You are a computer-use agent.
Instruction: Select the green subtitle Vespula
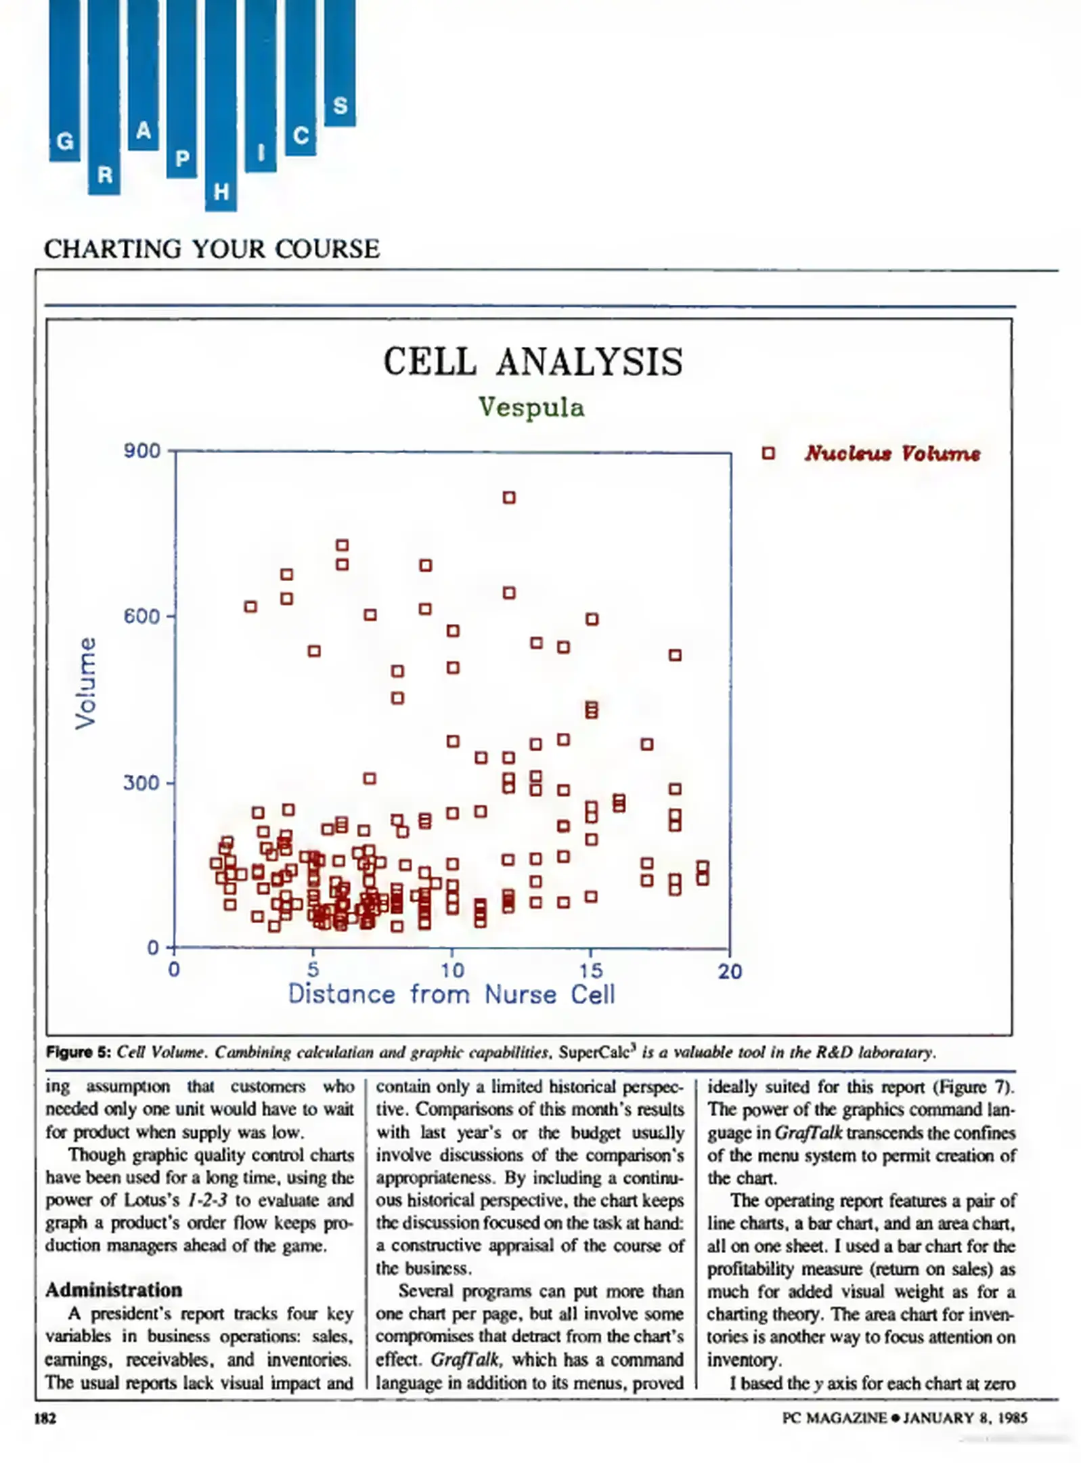click(x=531, y=408)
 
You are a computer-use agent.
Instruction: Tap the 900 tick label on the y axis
click(x=142, y=451)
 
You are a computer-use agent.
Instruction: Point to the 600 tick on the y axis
click(x=142, y=616)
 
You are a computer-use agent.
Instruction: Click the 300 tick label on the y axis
click(x=142, y=783)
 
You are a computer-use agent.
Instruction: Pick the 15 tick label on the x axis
click(x=591, y=971)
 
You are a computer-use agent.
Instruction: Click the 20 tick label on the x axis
click(x=730, y=972)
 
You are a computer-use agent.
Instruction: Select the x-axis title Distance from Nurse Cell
click(x=451, y=995)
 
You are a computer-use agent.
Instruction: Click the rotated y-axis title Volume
click(x=86, y=683)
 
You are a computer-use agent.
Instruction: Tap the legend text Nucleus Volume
click(x=892, y=453)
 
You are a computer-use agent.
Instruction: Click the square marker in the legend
click(x=768, y=453)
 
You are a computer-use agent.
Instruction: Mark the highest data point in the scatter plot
click(x=509, y=498)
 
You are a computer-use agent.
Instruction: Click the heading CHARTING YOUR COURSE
click(x=212, y=249)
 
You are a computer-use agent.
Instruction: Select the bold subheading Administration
click(x=114, y=1290)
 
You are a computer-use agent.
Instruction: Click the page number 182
click(x=45, y=1418)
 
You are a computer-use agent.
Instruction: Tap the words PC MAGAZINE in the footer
click(x=834, y=1418)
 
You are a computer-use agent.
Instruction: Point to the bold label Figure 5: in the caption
click(x=79, y=1052)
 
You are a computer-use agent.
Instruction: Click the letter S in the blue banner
click(x=340, y=106)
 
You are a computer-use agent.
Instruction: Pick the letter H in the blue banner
click(x=221, y=192)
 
